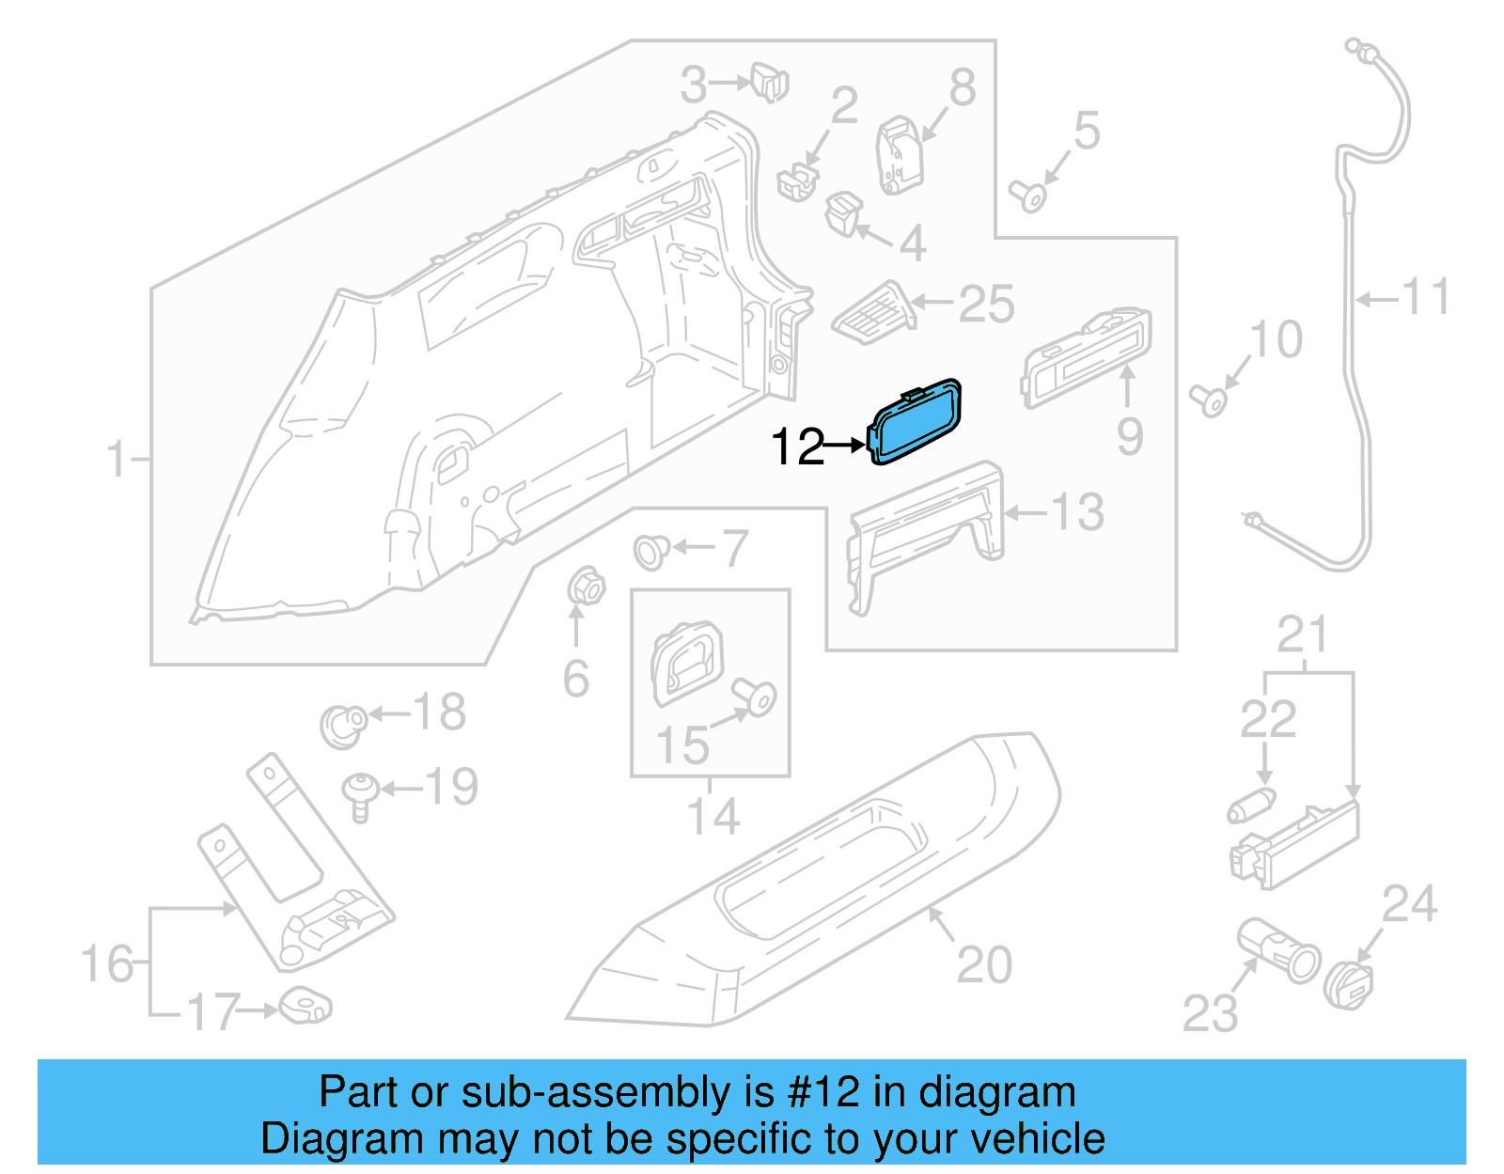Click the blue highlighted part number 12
(916, 422)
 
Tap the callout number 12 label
(796, 446)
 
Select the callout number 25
(986, 305)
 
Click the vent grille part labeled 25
(874, 311)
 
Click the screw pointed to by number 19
(360, 795)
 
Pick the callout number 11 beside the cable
(1426, 297)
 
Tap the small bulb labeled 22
(1251, 805)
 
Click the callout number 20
(984, 964)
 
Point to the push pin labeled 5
(1028, 196)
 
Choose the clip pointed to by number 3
(769, 83)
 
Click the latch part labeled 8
(900, 155)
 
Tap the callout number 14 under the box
(713, 815)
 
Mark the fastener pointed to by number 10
(1209, 399)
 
